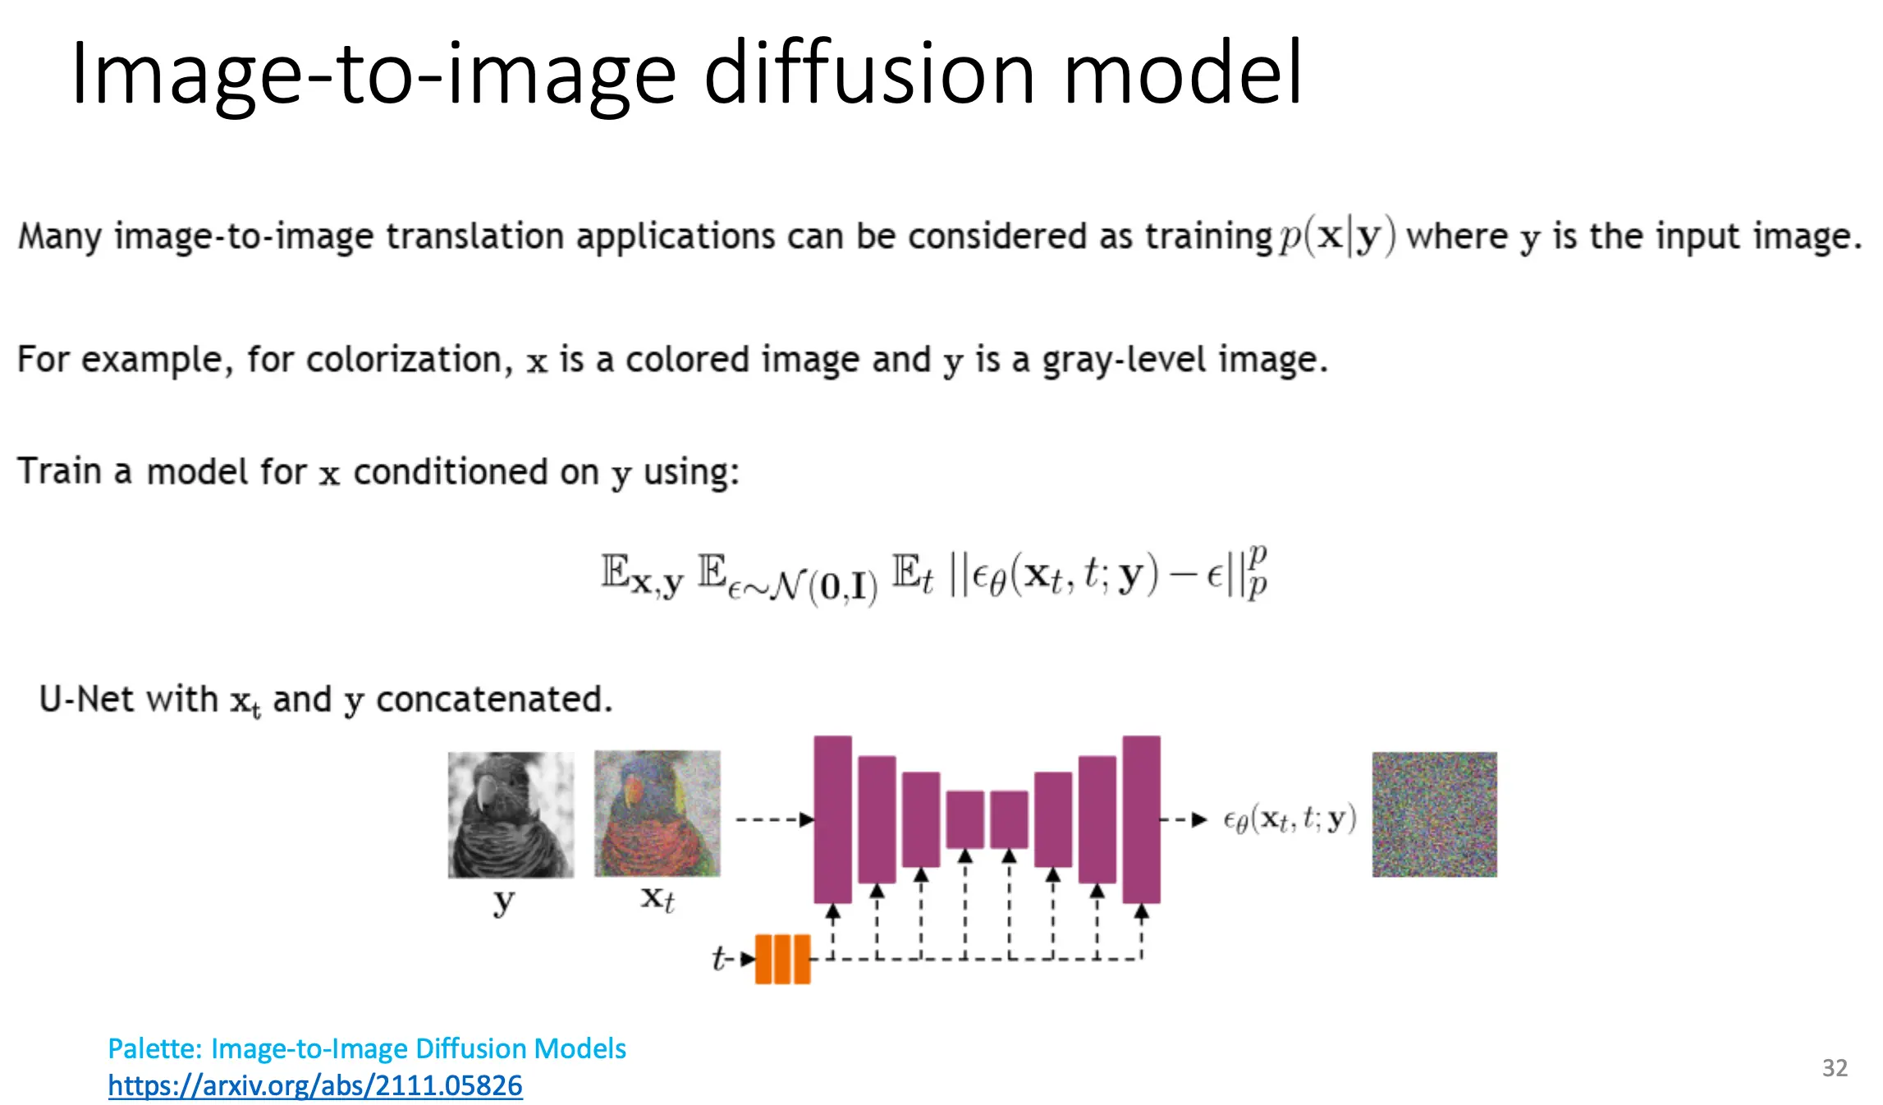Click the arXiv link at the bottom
pyautogui.click(x=315, y=1085)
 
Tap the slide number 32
pyautogui.click(x=1835, y=1067)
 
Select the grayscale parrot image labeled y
pyautogui.click(x=511, y=814)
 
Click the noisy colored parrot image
pyautogui.click(x=657, y=814)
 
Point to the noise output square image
pyautogui.click(x=1434, y=814)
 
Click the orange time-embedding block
pyautogui.click(x=782, y=959)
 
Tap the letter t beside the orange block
pyautogui.click(x=719, y=958)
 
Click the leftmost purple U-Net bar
pyautogui.click(x=832, y=819)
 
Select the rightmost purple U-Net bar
pyautogui.click(x=1141, y=819)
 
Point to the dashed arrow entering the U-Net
pyautogui.click(x=775, y=819)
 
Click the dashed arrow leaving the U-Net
pyautogui.click(x=1183, y=819)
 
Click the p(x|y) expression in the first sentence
pyautogui.click(x=1337, y=236)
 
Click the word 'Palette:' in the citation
pyautogui.click(x=155, y=1048)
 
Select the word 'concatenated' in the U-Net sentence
pyautogui.click(x=494, y=699)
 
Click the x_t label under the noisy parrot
pyautogui.click(x=657, y=899)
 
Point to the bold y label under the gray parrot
pyautogui.click(x=503, y=901)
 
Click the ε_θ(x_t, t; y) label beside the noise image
pyautogui.click(x=1290, y=819)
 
